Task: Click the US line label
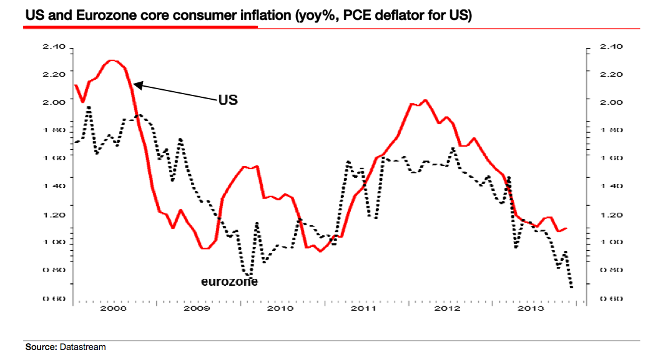point(228,100)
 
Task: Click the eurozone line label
point(229,282)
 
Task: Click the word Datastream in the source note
point(83,346)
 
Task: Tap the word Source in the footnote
point(41,346)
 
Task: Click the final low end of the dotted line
point(571,287)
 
